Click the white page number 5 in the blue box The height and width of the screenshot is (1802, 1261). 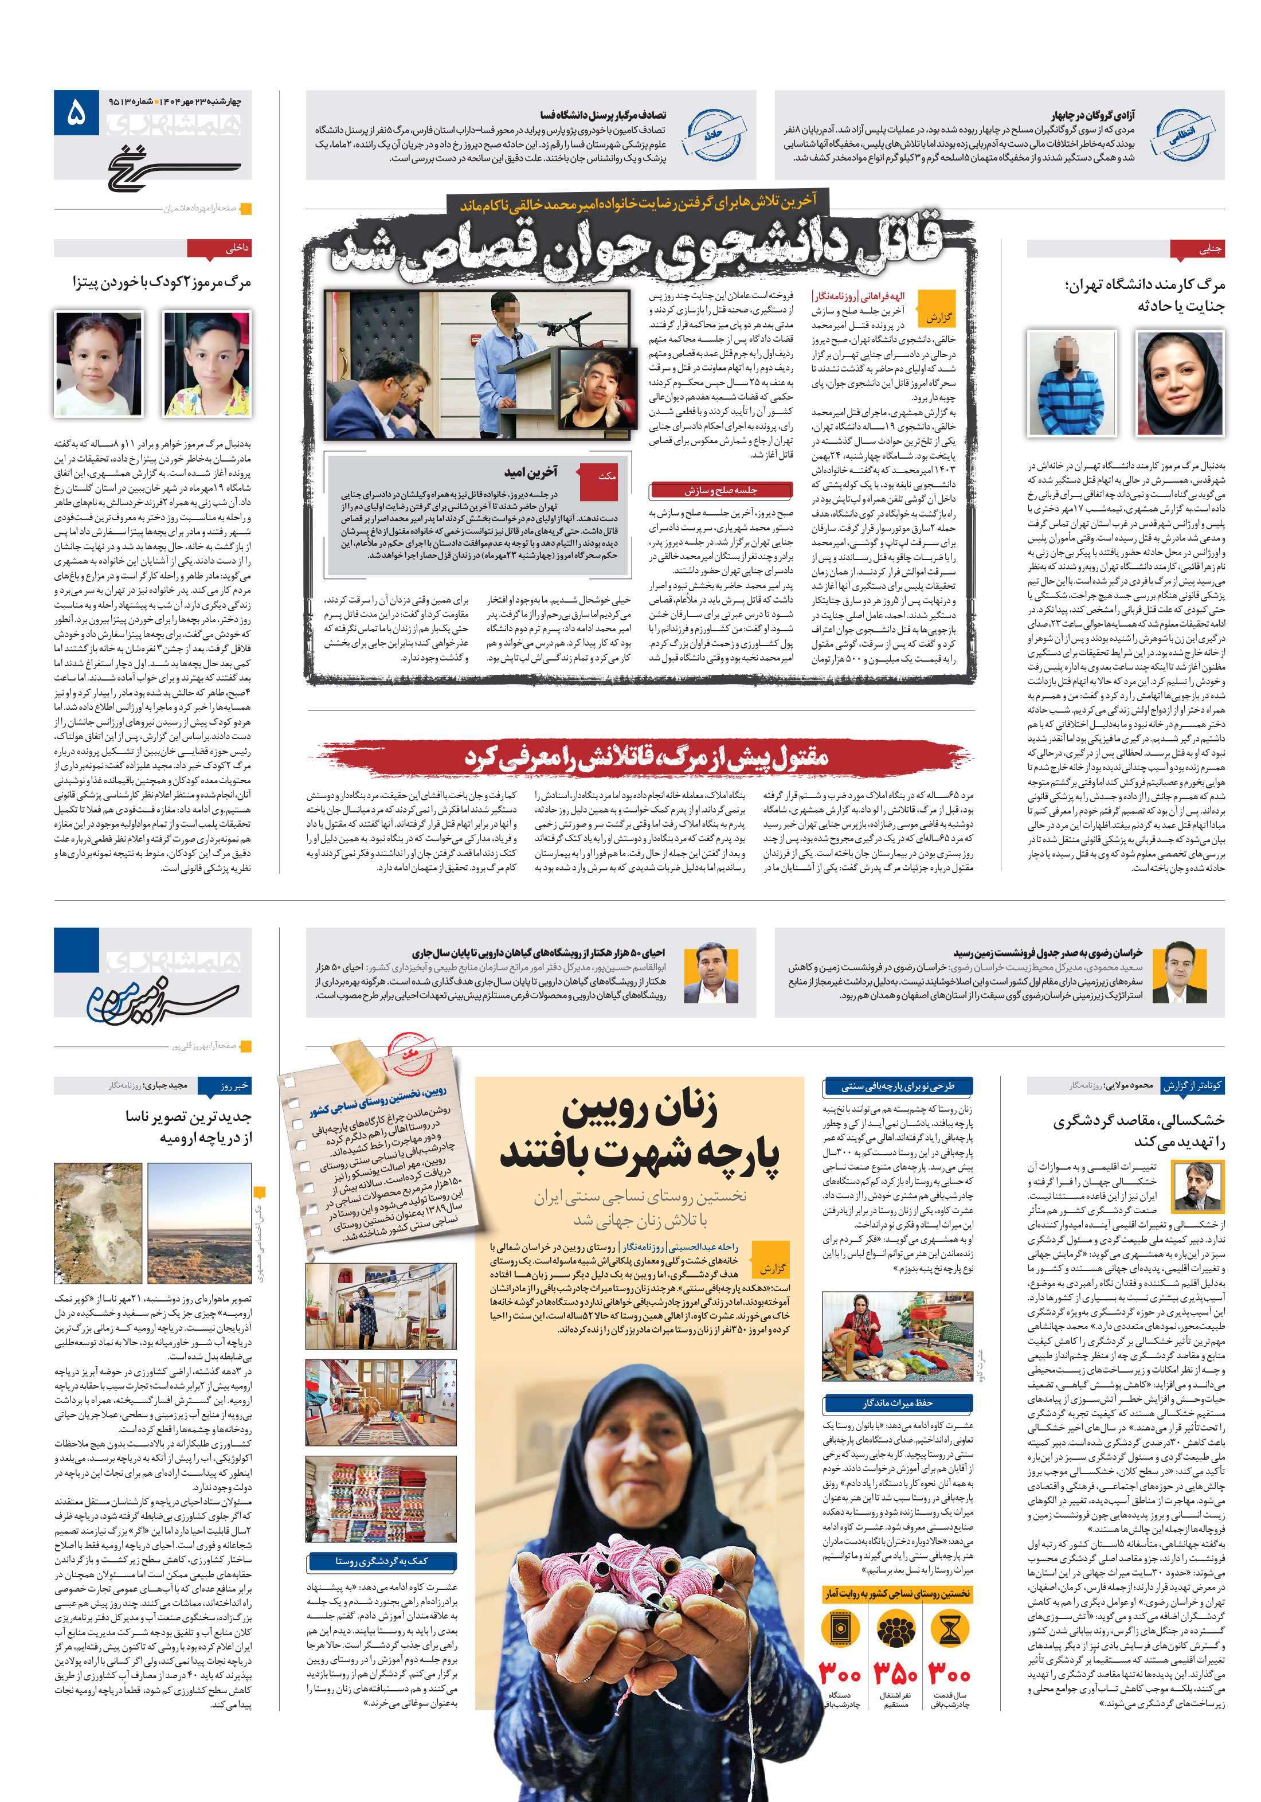76,115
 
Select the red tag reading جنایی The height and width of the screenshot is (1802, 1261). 1197,249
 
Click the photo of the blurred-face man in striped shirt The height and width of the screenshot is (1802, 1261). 1071,382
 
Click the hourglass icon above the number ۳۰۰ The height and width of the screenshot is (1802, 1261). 949,1630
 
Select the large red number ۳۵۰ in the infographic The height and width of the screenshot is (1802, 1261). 895,1674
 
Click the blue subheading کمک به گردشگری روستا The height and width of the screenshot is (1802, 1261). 381,1561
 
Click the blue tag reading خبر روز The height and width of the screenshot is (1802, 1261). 225,1085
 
